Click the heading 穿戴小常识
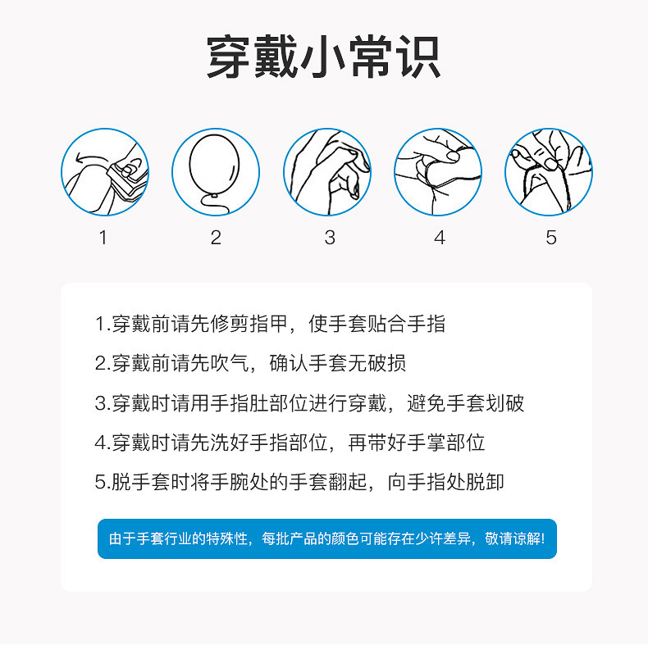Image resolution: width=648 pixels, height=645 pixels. coord(323,57)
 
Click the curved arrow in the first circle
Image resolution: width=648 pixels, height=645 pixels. coord(92,159)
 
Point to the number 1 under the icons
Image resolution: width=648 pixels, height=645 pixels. coord(103,238)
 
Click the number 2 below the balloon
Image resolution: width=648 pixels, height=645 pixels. coord(216,238)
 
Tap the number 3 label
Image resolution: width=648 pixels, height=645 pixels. coord(330,238)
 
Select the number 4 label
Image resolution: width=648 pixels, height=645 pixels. coord(440,238)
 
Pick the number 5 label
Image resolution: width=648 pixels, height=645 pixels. coord(551,238)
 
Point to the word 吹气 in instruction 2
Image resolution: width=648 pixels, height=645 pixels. coord(230,363)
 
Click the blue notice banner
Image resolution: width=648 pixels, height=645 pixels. coord(327,538)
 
